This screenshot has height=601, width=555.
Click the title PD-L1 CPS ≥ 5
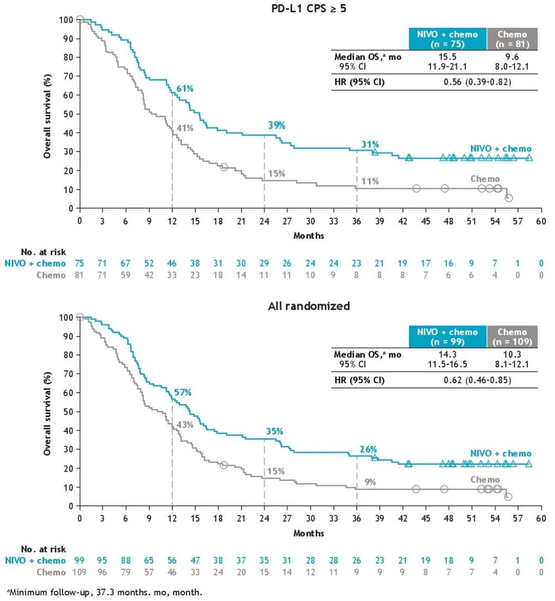(308, 8)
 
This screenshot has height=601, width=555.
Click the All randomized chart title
(308, 306)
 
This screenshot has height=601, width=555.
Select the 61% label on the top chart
(185, 89)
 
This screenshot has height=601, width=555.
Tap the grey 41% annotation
(185, 128)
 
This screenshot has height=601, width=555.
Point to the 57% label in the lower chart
(182, 392)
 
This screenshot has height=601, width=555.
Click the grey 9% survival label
(370, 482)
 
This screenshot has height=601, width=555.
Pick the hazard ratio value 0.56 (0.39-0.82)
(476, 82)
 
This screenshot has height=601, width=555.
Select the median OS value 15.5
(447, 57)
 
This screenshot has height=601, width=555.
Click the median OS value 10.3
(512, 354)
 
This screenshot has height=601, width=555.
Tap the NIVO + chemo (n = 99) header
(447, 337)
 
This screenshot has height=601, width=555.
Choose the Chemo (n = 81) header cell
(512, 39)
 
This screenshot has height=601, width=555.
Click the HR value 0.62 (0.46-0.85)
(477, 380)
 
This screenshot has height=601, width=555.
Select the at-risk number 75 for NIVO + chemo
(79, 263)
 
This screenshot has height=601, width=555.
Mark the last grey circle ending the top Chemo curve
(508, 198)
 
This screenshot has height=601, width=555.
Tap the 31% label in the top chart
(370, 144)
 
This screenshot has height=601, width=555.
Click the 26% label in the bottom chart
(368, 449)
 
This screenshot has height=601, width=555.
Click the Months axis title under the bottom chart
(308, 533)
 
